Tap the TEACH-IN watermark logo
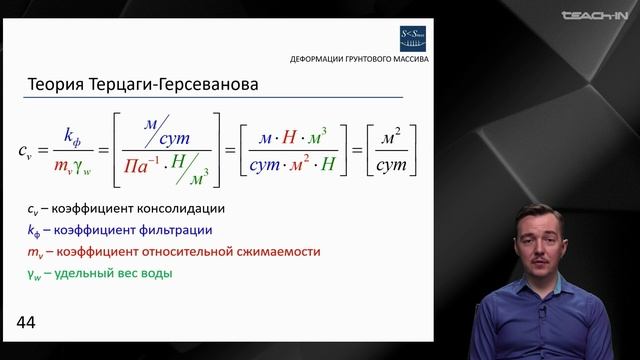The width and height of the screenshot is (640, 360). (594, 15)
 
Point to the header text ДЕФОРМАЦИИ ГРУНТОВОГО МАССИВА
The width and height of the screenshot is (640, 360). (359, 59)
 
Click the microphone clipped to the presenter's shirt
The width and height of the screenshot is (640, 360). (542, 312)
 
